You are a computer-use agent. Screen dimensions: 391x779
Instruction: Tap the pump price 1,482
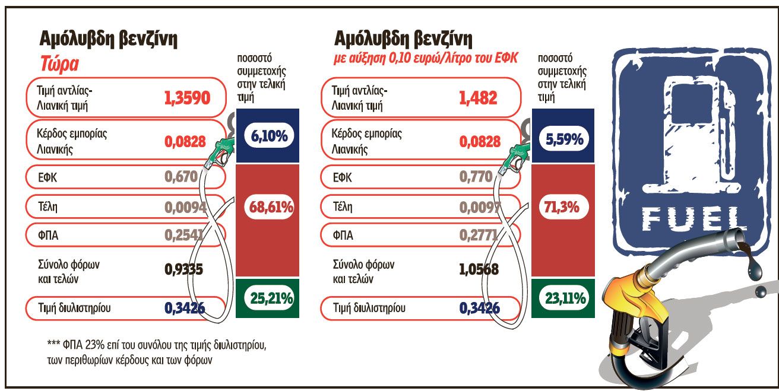click(478, 98)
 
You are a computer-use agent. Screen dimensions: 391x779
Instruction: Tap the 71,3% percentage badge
click(561, 208)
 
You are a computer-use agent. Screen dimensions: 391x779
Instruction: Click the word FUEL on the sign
click(692, 219)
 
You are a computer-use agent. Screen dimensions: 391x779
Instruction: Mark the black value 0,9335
click(183, 270)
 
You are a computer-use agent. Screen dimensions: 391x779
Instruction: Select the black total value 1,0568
click(479, 270)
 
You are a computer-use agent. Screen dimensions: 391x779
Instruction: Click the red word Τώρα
click(59, 64)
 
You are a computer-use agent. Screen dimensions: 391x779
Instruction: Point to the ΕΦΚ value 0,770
click(476, 176)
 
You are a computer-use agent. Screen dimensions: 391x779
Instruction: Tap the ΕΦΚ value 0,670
click(180, 176)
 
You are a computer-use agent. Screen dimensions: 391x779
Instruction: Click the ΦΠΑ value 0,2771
click(478, 235)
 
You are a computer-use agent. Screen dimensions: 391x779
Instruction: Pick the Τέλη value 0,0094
click(183, 206)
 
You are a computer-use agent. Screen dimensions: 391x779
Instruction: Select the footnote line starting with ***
click(157, 345)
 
